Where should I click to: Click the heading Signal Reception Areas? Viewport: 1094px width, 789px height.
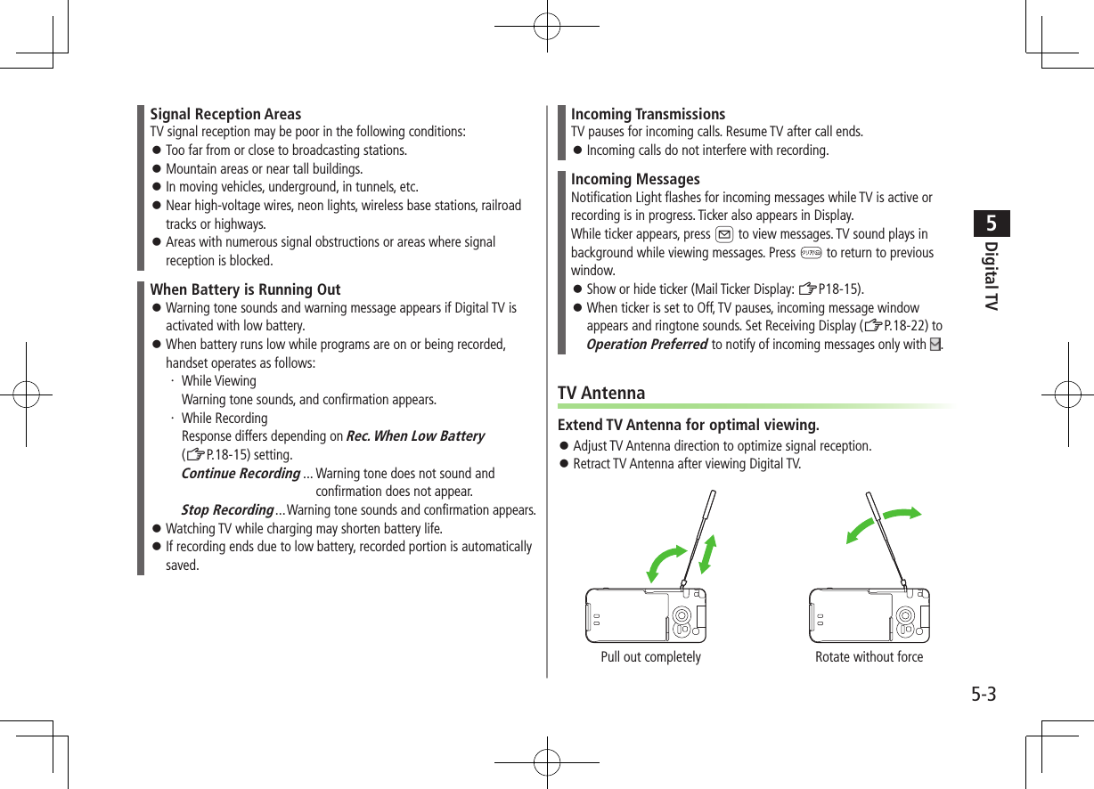225,114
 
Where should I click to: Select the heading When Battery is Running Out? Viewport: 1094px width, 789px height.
245,289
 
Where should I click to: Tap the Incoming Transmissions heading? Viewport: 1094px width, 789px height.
648,114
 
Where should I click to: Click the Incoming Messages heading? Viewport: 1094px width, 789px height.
635,179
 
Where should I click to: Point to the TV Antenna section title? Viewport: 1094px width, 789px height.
601,393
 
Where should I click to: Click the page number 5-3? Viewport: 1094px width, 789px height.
983,694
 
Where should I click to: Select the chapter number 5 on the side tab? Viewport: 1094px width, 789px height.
992,222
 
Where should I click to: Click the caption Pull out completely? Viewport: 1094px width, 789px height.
650,657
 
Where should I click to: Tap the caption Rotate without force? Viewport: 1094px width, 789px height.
869,657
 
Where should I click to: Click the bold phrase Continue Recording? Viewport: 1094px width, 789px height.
241,474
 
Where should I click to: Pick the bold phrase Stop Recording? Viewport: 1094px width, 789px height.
227,510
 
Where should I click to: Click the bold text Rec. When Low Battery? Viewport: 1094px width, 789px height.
414,436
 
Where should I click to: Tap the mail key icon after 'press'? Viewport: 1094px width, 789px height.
724,235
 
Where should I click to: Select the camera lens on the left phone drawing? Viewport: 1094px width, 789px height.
681,615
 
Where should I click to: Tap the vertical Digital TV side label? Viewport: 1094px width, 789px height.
992,275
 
